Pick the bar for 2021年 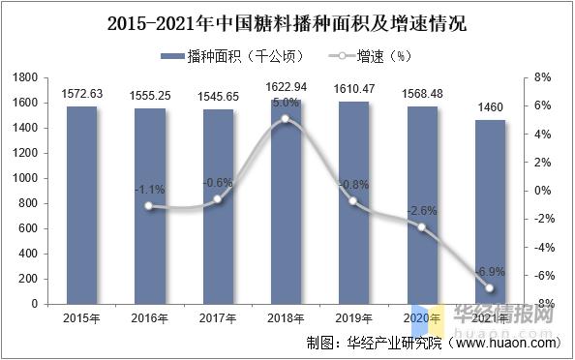pyautogui.click(x=489, y=212)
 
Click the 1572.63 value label pyautogui.click(x=80, y=94)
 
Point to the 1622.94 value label pyautogui.click(x=285, y=88)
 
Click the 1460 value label pyautogui.click(x=489, y=108)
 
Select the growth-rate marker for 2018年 pyautogui.click(x=285, y=119)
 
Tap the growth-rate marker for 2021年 pyautogui.click(x=489, y=288)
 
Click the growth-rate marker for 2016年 pyautogui.click(x=148, y=206)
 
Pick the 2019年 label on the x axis pyautogui.click(x=352, y=317)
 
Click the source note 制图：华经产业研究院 pyautogui.click(x=373, y=343)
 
